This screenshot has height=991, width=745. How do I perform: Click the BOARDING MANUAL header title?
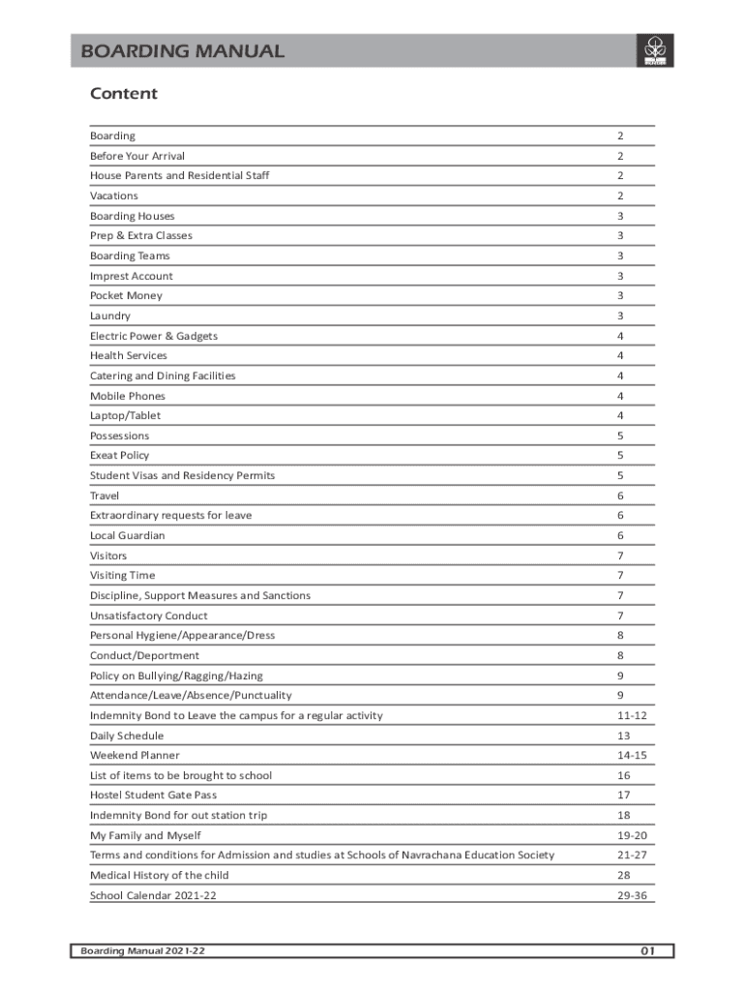pos(183,51)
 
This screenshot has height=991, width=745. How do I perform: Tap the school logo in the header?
pos(653,50)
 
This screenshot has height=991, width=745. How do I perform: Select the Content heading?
pos(123,94)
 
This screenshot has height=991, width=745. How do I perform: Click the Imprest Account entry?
pos(132,276)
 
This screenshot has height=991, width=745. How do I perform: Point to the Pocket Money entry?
pos(127,296)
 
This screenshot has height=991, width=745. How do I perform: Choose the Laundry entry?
pos(110,316)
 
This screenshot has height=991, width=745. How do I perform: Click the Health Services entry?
pos(129,356)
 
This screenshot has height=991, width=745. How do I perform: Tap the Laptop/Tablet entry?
pos(126,416)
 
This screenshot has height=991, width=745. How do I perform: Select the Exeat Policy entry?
pos(120,456)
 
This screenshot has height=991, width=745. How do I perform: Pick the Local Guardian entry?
pos(128,536)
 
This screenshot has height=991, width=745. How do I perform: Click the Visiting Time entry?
pos(122,576)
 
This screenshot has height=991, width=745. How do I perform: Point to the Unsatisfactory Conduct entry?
pos(149,616)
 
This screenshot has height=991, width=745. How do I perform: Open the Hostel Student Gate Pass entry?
pos(154,796)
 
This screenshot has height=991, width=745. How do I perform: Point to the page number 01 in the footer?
pos(647,952)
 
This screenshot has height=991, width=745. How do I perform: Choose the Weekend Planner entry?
pos(134,756)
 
